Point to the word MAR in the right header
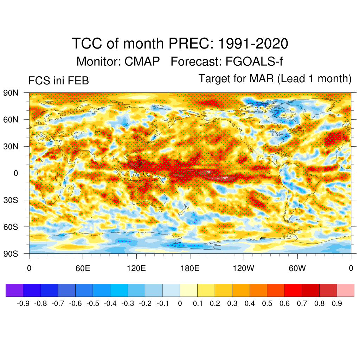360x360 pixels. [262, 78]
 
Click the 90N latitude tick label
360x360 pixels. [11, 93]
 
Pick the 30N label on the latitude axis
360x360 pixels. [11, 146]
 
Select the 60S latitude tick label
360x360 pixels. [11, 227]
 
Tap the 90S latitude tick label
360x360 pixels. [11, 253]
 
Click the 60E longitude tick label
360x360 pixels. [83, 269]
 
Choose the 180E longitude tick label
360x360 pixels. [190, 269]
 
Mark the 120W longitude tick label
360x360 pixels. [243, 269]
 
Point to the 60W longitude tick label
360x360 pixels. [297, 269]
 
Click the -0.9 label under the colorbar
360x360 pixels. [23, 303]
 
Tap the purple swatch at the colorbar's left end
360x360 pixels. [14, 290]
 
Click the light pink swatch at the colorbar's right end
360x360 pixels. [346, 290]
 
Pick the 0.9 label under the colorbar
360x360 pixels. [337, 303]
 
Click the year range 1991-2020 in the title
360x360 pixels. [253, 44]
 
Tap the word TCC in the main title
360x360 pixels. [87, 44]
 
